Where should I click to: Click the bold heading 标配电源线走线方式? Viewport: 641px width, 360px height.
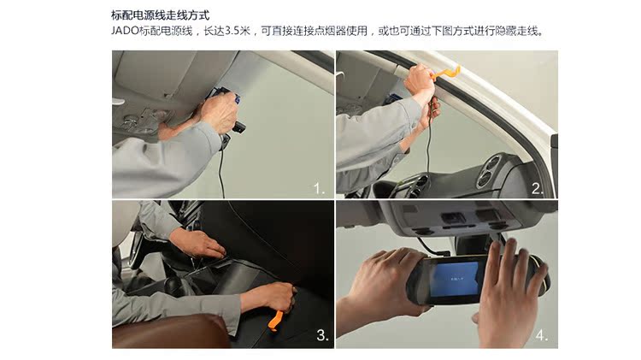[161, 15]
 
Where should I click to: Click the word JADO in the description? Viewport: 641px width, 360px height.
[125, 31]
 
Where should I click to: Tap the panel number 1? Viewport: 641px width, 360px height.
[319, 188]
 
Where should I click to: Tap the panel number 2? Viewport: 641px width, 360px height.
[538, 189]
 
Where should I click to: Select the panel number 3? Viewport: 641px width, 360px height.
[322, 335]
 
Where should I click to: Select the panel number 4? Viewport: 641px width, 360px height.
[542, 335]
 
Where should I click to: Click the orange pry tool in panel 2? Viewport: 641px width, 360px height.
[445, 74]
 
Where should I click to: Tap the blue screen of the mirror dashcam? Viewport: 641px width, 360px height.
[456, 279]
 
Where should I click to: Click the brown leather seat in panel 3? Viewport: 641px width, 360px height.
[170, 332]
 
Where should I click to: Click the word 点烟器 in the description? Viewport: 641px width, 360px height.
[330, 31]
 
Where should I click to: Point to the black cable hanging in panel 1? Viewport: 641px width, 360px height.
[221, 172]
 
